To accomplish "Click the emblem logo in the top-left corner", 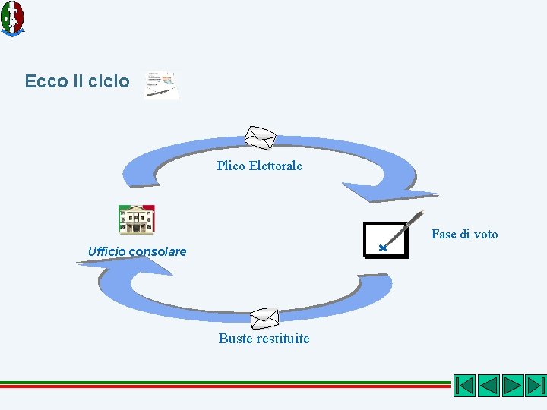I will (12, 17).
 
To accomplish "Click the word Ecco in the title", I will (46, 81).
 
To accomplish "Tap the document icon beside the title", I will (161, 84).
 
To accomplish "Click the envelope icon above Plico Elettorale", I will (260, 137).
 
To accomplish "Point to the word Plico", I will (231, 166).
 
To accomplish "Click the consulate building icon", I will (137, 219).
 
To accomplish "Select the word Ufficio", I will (107, 251).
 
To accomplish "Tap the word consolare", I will (157, 251).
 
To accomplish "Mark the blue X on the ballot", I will (384, 248).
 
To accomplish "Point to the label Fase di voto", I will (464, 234).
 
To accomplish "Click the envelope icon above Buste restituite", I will (264, 318).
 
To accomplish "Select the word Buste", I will (235, 339).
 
